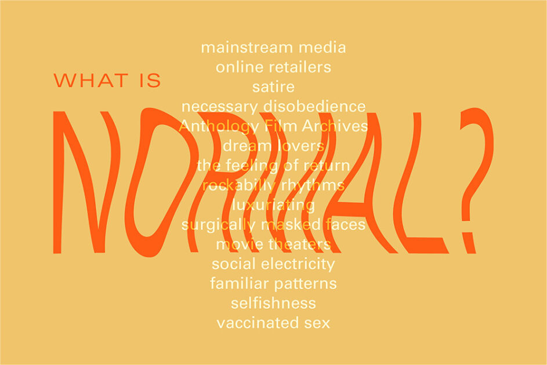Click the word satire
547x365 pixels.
(273, 87)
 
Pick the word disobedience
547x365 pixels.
(315, 107)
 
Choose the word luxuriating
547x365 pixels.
(273, 205)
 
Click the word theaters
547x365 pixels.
(299, 244)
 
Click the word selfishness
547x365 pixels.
(273, 303)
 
